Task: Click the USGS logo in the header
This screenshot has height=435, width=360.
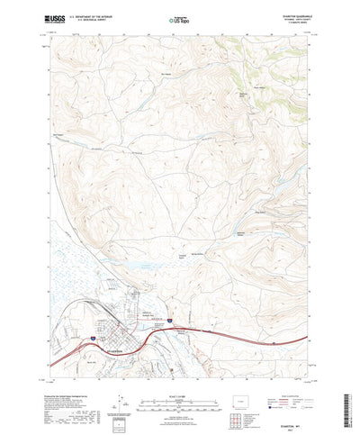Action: coord(52,18)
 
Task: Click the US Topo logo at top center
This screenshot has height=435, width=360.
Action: coord(179,18)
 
